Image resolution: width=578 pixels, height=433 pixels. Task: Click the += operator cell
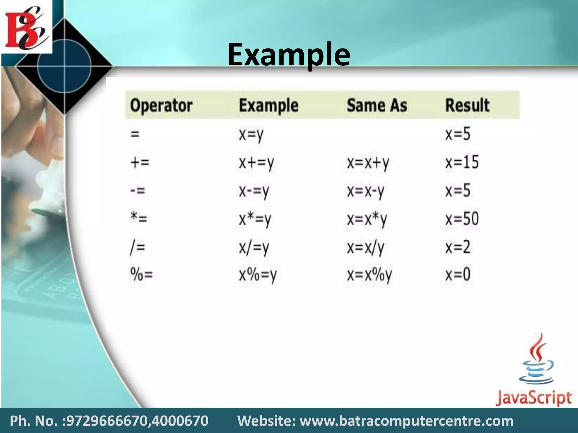tap(140, 163)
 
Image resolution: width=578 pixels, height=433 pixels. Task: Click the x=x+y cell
tap(368, 163)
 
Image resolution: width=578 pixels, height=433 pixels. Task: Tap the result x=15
tap(462, 163)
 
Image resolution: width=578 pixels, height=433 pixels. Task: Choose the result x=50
tap(462, 219)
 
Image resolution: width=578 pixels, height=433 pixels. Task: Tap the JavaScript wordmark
tap(534, 398)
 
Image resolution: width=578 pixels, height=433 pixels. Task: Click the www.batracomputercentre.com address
tap(406, 421)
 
